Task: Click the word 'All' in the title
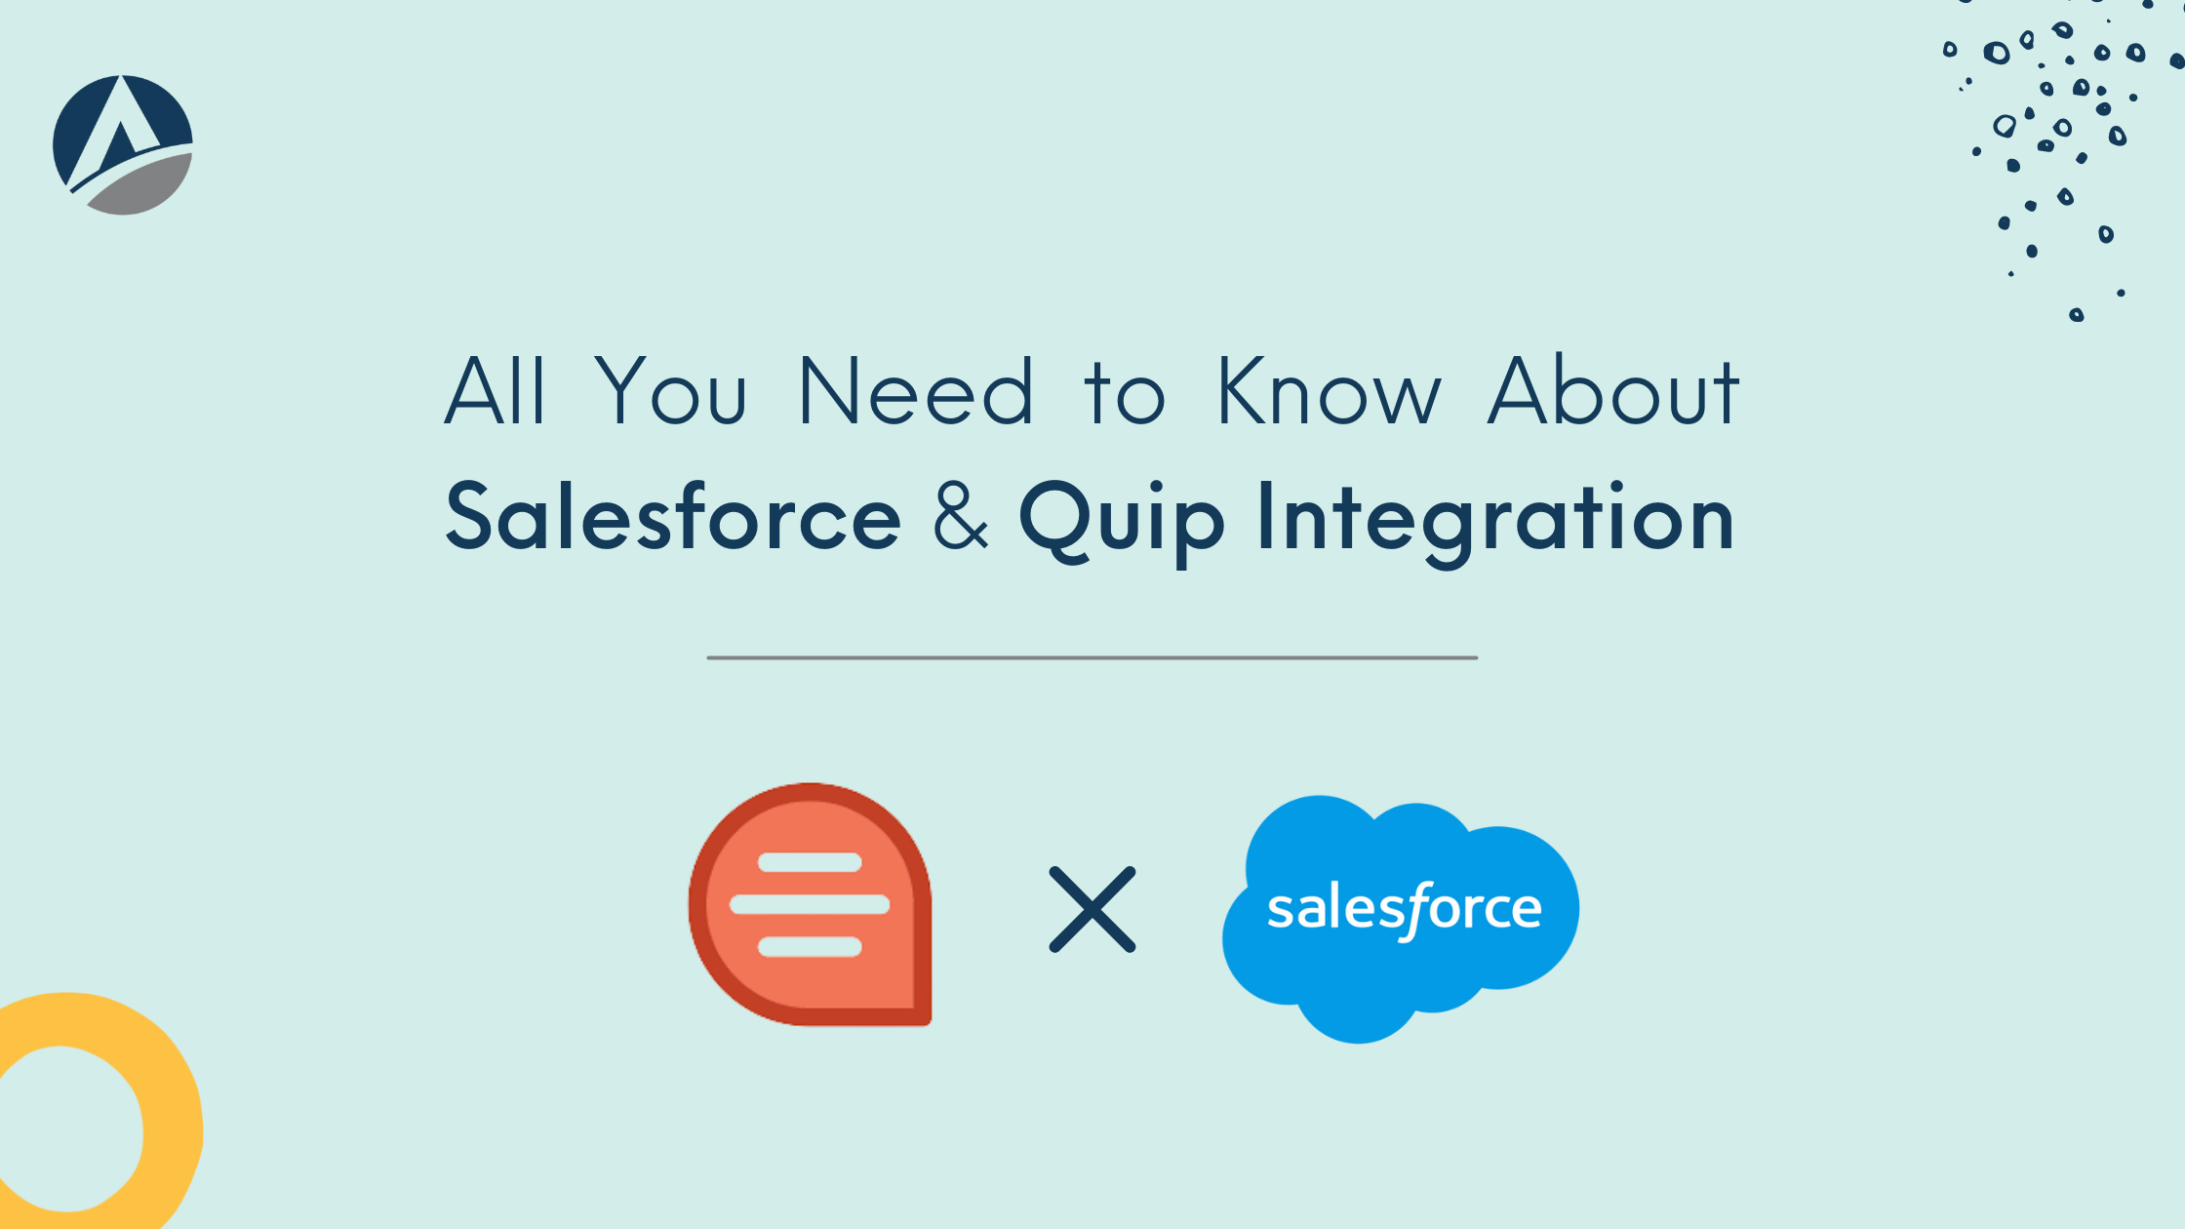(x=495, y=390)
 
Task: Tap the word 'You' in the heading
(x=671, y=390)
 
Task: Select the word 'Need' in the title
(x=915, y=390)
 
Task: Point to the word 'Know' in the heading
(x=1329, y=390)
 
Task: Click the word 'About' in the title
(x=1613, y=390)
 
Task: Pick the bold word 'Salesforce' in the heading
(x=673, y=516)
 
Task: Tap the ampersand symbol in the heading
(x=961, y=516)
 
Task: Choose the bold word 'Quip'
(x=1122, y=521)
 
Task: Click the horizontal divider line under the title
(x=1092, y=658)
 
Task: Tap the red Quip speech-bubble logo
(x=810, y=904)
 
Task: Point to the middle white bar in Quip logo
(x=810, y=904)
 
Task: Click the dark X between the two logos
(x=1092, y=909)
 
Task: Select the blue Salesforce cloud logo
(x=1401, y=919)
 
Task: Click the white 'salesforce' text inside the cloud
(x=1405, y=910)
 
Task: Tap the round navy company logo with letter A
(x=123, y=144)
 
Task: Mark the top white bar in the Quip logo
(x=810, y=862)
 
